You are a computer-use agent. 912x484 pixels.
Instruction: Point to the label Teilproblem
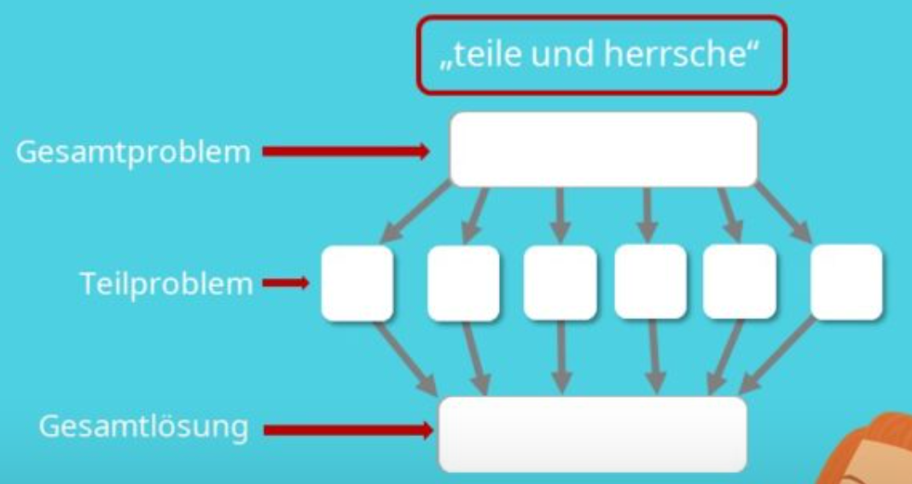click(166, 283)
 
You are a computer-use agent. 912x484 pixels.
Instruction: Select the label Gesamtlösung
click(143, 427)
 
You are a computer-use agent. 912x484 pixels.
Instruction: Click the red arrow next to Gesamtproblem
click(346, 152)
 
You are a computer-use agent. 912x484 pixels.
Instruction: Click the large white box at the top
click(603, 149)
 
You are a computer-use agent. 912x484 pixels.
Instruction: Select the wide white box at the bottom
click(593, 434)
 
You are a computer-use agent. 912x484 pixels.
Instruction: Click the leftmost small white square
click(357, 283)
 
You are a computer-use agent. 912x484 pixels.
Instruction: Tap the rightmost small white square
click(845, 283)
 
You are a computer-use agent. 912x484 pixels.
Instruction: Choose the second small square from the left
click(463, 283)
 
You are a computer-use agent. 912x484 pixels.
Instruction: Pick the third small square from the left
click(560, 283)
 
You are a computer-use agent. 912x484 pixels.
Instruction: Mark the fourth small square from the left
click(650, 282)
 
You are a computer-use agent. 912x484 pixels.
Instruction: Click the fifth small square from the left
click(740, 282)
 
